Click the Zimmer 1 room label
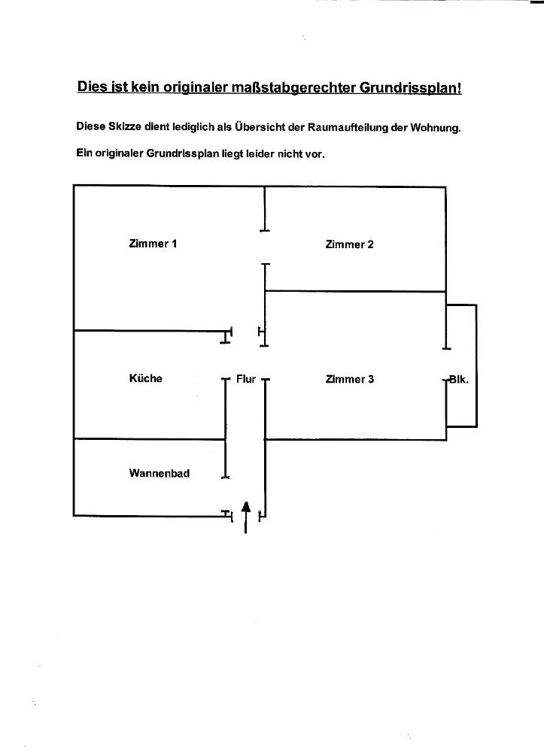(x=153, y=244)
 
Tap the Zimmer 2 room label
(x=349, y=244)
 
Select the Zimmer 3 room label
(x=349, y=379)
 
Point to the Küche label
(x=145, y=378)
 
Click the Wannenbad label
(x=159, y=474)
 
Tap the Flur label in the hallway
(x=246, y=379)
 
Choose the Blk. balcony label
(x=458, y=379)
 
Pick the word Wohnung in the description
(x=435, y=127)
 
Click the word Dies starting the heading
(x=93, y=86)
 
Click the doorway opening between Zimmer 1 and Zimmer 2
(x=264, y=247)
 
